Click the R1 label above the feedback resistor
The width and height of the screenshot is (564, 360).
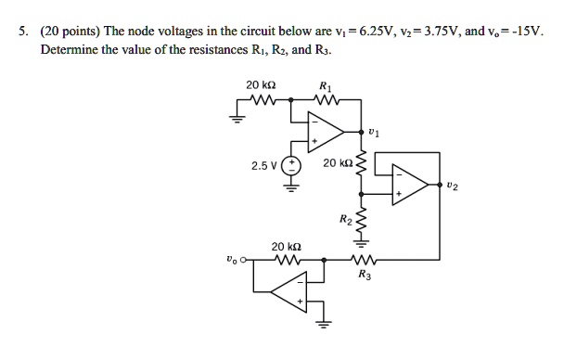point(324,85)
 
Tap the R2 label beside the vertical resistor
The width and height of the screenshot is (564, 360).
point(345,220)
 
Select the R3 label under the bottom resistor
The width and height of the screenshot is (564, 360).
point(362,276)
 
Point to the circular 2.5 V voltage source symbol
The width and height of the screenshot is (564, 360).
point(292,166)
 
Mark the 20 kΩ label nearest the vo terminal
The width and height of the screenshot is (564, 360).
point(284,247)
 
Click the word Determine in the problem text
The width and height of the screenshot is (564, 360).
point(70,47)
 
